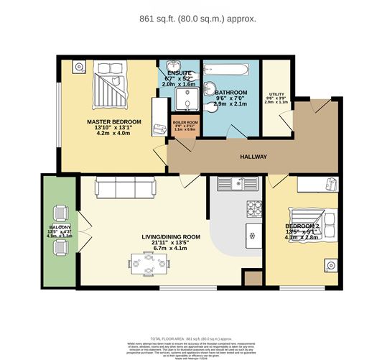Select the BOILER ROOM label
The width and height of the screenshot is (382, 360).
185,123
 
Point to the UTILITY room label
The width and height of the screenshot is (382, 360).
276,94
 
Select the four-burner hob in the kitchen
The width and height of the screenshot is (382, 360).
254,208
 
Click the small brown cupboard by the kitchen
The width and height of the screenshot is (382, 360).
253,279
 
